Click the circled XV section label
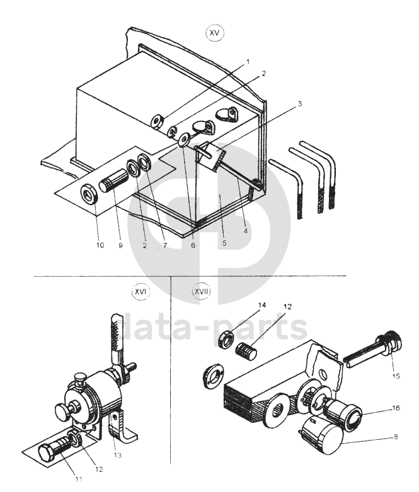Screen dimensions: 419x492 215,33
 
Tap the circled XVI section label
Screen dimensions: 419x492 141,291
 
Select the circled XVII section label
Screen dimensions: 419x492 201,291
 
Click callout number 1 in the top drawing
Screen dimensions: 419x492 248,62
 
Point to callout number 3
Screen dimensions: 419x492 300,104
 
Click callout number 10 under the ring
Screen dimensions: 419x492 100,245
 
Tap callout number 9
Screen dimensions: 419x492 121,245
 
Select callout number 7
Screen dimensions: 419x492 164,245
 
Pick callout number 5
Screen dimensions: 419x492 224,243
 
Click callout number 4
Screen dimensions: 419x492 245,231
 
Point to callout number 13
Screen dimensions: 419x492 117,455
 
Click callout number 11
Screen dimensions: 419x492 79,479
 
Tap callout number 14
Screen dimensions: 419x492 262,305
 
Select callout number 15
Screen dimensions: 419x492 396,376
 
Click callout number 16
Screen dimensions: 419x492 396,408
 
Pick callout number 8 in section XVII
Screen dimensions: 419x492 396,437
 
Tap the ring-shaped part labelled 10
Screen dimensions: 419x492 89,194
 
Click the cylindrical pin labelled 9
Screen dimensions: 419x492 114,179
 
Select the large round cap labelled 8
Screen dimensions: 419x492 322,437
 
